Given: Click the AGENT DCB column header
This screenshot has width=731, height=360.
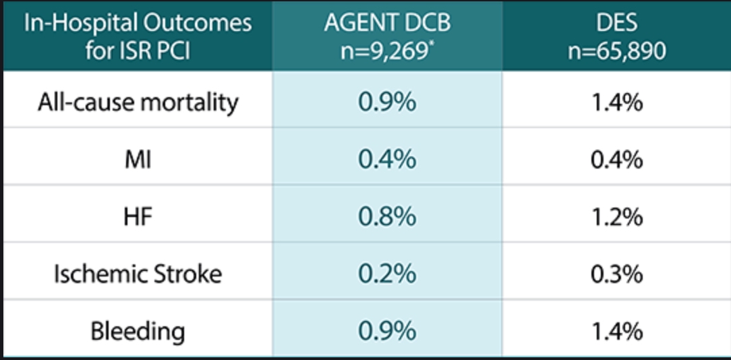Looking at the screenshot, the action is pyautogui.click(x=387, y=36).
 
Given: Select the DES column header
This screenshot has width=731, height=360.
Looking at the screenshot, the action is pyautogui.click(x=616, y=36).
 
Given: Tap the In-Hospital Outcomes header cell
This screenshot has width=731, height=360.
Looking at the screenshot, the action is pyautogui.click(x=138, y=36).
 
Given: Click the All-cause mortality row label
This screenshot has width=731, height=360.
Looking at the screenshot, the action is pyautogui.click(x=138, y=102).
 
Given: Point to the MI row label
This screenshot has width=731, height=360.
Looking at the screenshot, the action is pyautogui.click(x=138, y=160).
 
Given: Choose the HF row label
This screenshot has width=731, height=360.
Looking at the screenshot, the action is pyautogui.click(x=138, y=217).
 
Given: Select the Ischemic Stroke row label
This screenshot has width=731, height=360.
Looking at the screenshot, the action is pyautogui.click(x=138, y=274).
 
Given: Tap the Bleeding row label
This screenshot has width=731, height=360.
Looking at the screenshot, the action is pyautogui.click(x=138, y=332).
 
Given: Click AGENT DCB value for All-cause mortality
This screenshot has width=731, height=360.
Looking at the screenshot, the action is pyautogui.click(x=387, y=102).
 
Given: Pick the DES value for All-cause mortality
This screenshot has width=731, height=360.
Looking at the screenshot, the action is pyautogui.click(x=616, y=102).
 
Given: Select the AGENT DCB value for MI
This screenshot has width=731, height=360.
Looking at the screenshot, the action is pyautogui.click(x=387, y=160).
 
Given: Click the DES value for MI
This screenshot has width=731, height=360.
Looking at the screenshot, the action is pyautogui.click(x=616, y=160).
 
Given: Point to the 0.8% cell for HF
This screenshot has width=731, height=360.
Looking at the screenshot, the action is pyautogui.click(x=387, y=217).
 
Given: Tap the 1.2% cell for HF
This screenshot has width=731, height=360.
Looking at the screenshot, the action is pyautogui.click(x=616, y=217).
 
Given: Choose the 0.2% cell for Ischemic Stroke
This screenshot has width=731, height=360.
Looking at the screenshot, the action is pyautogui.click(x=387, y=274).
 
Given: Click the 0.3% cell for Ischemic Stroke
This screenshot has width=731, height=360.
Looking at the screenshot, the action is pyautogui.click(x=616, y=274).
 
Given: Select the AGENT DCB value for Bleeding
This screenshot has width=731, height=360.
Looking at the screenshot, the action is pyautogui.click(x=387, y=332).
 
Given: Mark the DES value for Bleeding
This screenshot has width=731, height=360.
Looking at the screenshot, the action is pyautogui.click(x=616, y=332).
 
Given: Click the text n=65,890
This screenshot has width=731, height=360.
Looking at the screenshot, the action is pyautogui.click(x=616, y=51).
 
